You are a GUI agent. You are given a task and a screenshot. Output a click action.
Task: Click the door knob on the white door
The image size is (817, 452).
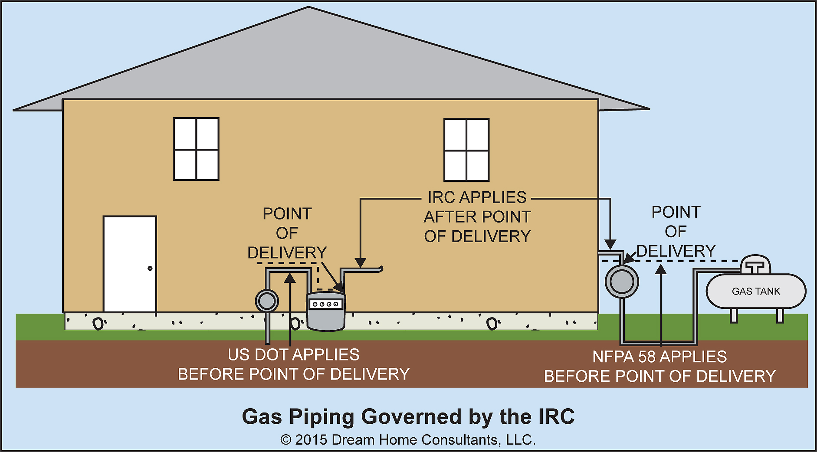pyautogui.click(x=150, y=269)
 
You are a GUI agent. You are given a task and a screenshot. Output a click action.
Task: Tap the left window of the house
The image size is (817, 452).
pyautogui.click(x=196, y=149)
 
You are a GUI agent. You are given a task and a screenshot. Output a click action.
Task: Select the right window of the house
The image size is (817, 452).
pyautogui.click(x=466, y=150)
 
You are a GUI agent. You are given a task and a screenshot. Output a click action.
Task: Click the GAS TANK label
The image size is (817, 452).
pyautogui.click(x=756, y=292)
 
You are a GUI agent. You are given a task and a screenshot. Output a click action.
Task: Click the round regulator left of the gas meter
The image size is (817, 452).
pyautogui.click(x=267, y=300)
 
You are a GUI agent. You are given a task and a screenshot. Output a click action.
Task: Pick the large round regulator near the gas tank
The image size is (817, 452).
pyautogui.click(x=622, y=282)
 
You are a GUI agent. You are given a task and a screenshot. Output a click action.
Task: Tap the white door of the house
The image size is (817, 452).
pyautogui.click(x=130, y=264)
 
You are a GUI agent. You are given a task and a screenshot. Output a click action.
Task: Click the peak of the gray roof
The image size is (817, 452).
pyautogui.click(x=308, y=7)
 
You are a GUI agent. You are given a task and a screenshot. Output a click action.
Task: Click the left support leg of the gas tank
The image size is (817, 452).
pyautogui.click(x=734, y=315)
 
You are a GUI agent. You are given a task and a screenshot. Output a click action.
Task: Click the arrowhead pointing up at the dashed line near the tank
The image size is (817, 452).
pyautogui.click(x=660, y=269)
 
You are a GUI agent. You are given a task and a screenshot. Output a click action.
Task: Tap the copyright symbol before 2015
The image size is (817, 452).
pyautogui.click(x=285, y=440)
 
